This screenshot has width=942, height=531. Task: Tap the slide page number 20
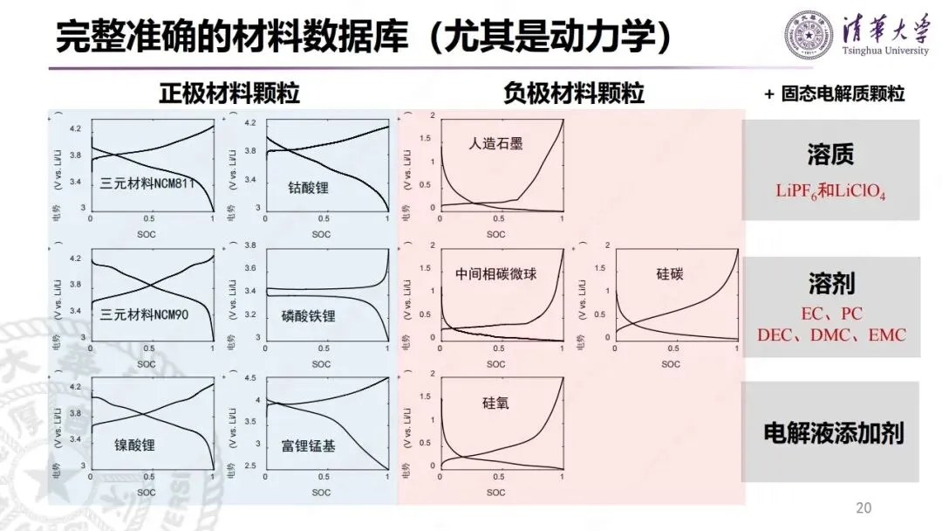(864, 508)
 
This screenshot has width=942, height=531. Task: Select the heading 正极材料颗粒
(229, 93)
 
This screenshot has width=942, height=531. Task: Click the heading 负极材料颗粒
(574, 93)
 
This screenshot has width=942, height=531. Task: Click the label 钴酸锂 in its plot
(308, 187)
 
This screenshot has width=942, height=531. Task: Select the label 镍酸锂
(134, 445)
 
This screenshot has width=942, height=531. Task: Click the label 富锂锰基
(309, 445)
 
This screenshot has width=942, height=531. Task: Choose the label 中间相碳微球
(495, 274)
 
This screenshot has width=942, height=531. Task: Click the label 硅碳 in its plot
(670, 274)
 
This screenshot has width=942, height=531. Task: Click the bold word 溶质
(830, 155)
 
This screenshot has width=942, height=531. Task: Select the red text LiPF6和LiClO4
(830, 191)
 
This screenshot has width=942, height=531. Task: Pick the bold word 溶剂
(830, 283)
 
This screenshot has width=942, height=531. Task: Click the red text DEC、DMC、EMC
(830, 334)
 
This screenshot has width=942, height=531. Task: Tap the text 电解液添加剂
(830, 432)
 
